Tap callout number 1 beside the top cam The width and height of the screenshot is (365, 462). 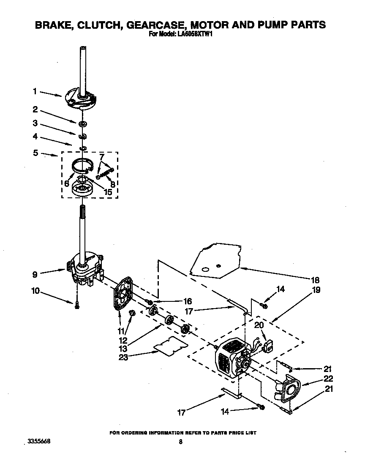click(35, 91)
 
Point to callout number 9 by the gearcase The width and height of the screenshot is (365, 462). click(35, 274)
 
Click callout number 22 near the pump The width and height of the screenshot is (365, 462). click(328, 378)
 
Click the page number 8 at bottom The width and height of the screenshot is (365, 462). click(180, 442)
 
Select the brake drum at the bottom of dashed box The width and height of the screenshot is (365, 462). click(82, 189)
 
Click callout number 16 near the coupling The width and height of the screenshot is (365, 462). click(188, 301)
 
